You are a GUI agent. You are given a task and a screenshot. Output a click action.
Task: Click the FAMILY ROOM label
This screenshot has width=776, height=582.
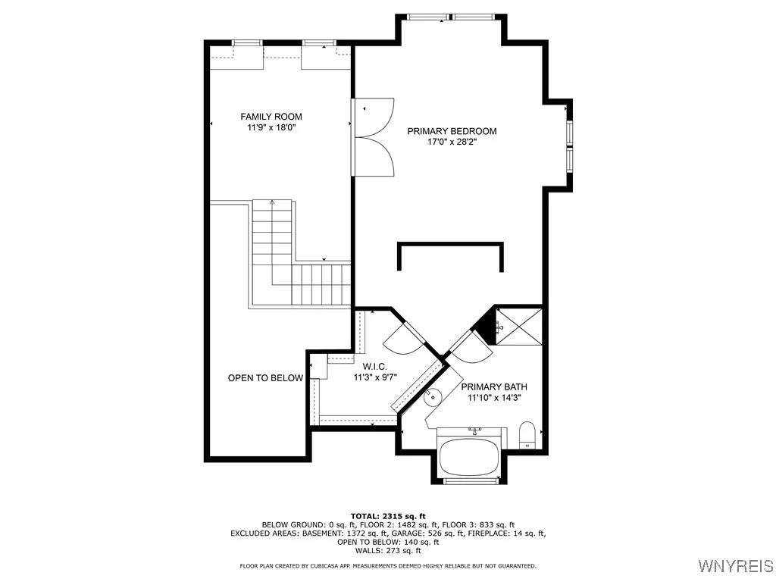click(x=271, y=116)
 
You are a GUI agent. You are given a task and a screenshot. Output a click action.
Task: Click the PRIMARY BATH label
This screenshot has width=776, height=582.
click(x=494, y=386)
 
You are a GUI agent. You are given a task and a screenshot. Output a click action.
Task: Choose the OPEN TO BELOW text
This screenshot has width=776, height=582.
click(x=265, y=377)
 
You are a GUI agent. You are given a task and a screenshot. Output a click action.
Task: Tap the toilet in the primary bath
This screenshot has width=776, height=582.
click(x=527, y=435)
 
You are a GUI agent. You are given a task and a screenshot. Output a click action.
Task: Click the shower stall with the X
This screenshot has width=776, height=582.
click(x=519, y=326)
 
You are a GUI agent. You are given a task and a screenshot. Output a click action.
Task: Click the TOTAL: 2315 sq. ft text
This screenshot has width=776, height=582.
click(x=387, y=515)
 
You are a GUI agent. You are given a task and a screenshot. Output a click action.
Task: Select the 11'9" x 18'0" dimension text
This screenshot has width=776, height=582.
click(x=271, y=127)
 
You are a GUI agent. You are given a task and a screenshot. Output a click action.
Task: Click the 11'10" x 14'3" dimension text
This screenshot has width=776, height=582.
click(x=494, y=397)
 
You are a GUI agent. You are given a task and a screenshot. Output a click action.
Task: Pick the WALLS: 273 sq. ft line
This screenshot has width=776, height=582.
click(x=387, y=552)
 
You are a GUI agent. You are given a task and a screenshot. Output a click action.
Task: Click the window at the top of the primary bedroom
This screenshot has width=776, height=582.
click(x=452, y=17)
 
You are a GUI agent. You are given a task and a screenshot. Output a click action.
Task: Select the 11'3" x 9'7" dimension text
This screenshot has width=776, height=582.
click(x=375, y=377)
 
